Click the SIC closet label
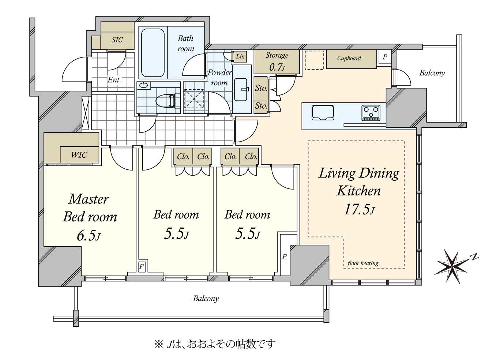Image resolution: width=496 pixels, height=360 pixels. click(117, 40)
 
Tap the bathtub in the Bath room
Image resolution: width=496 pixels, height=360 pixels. click(153, 53)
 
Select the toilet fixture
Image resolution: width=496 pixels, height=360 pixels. click(168, 101)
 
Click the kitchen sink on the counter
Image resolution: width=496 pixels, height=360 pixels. click(323, 113)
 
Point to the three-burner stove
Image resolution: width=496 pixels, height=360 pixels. click(371, 113)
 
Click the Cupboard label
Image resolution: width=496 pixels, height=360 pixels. click(349, 58)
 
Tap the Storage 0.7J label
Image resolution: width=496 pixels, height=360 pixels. click(277, 61)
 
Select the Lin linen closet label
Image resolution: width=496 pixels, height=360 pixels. click(240, 56)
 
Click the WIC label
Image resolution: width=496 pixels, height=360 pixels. click(79, 155)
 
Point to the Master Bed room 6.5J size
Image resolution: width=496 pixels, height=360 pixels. click(89, 235)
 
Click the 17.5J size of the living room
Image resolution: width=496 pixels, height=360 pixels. click(359, 209)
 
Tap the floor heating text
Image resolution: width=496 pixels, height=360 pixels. click(363, 263)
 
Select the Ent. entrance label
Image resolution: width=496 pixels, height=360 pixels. click(114, 80)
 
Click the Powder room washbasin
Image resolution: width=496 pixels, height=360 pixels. click(241, 89)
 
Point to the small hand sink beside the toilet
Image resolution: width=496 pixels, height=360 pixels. click(144, 85)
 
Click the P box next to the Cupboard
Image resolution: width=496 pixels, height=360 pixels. click(385, 57)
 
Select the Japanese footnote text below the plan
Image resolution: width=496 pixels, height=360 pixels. click(215, 344)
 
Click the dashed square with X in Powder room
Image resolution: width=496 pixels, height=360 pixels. click(194, 98)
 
